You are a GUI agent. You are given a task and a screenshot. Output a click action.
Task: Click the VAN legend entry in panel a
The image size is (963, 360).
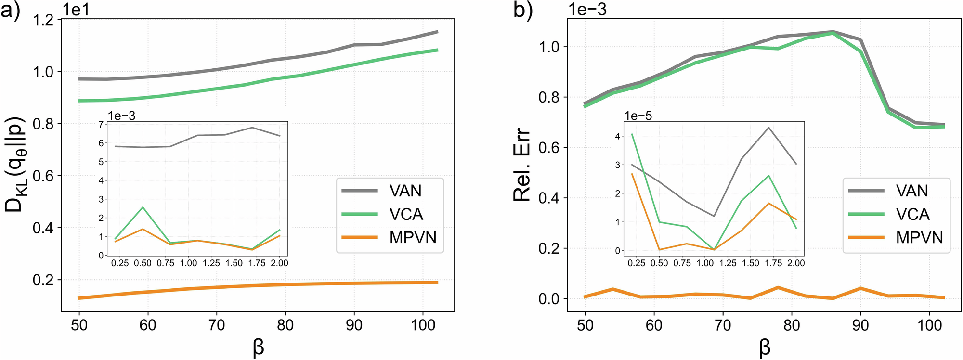[x=405, y=191]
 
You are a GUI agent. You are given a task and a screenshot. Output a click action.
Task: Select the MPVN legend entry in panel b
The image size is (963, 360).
[x=919, y=237]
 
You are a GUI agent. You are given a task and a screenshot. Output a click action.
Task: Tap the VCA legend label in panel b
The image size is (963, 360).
[x=912, y=214]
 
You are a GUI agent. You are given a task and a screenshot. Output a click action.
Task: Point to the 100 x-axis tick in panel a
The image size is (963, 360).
[x=423, y=325]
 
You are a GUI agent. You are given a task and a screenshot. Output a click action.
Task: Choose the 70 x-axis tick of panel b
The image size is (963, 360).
[x=723, y=325]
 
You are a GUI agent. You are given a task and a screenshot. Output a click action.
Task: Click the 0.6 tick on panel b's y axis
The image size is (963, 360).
[x=550, y=148]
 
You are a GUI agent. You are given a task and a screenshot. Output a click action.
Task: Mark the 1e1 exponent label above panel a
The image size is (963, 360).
[x=76, y=10]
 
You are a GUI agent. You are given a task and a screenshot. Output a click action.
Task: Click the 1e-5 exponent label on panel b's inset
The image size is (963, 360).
[x=638, y=116]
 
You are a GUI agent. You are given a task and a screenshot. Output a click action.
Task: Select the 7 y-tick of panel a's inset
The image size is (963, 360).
[x=101, y=125]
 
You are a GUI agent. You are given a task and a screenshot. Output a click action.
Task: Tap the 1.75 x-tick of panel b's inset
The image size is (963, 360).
[x=773, y=263]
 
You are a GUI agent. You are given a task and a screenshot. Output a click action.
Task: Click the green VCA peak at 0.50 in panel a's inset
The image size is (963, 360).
[x=142, y=207]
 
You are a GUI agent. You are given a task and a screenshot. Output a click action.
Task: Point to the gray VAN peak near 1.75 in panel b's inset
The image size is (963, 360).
[x=769, y=128]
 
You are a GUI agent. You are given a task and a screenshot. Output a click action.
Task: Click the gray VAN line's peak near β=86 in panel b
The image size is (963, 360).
[x=833, y=32]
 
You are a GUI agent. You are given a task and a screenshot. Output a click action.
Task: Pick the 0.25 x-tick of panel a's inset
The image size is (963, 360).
[x=120, y=263]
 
